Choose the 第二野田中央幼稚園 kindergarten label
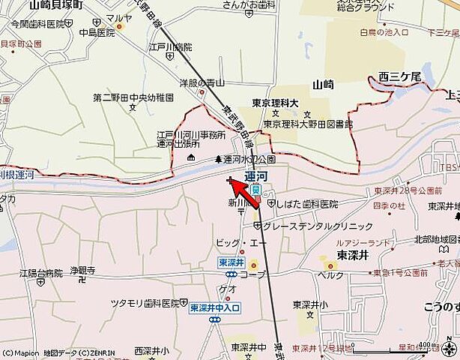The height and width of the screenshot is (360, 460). [x=133, y=97]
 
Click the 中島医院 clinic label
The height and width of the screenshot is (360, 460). [x=97, y=32]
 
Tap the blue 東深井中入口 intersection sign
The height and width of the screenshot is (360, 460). [x=214, y=307]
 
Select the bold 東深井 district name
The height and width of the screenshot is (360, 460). [x=351, y=254]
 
